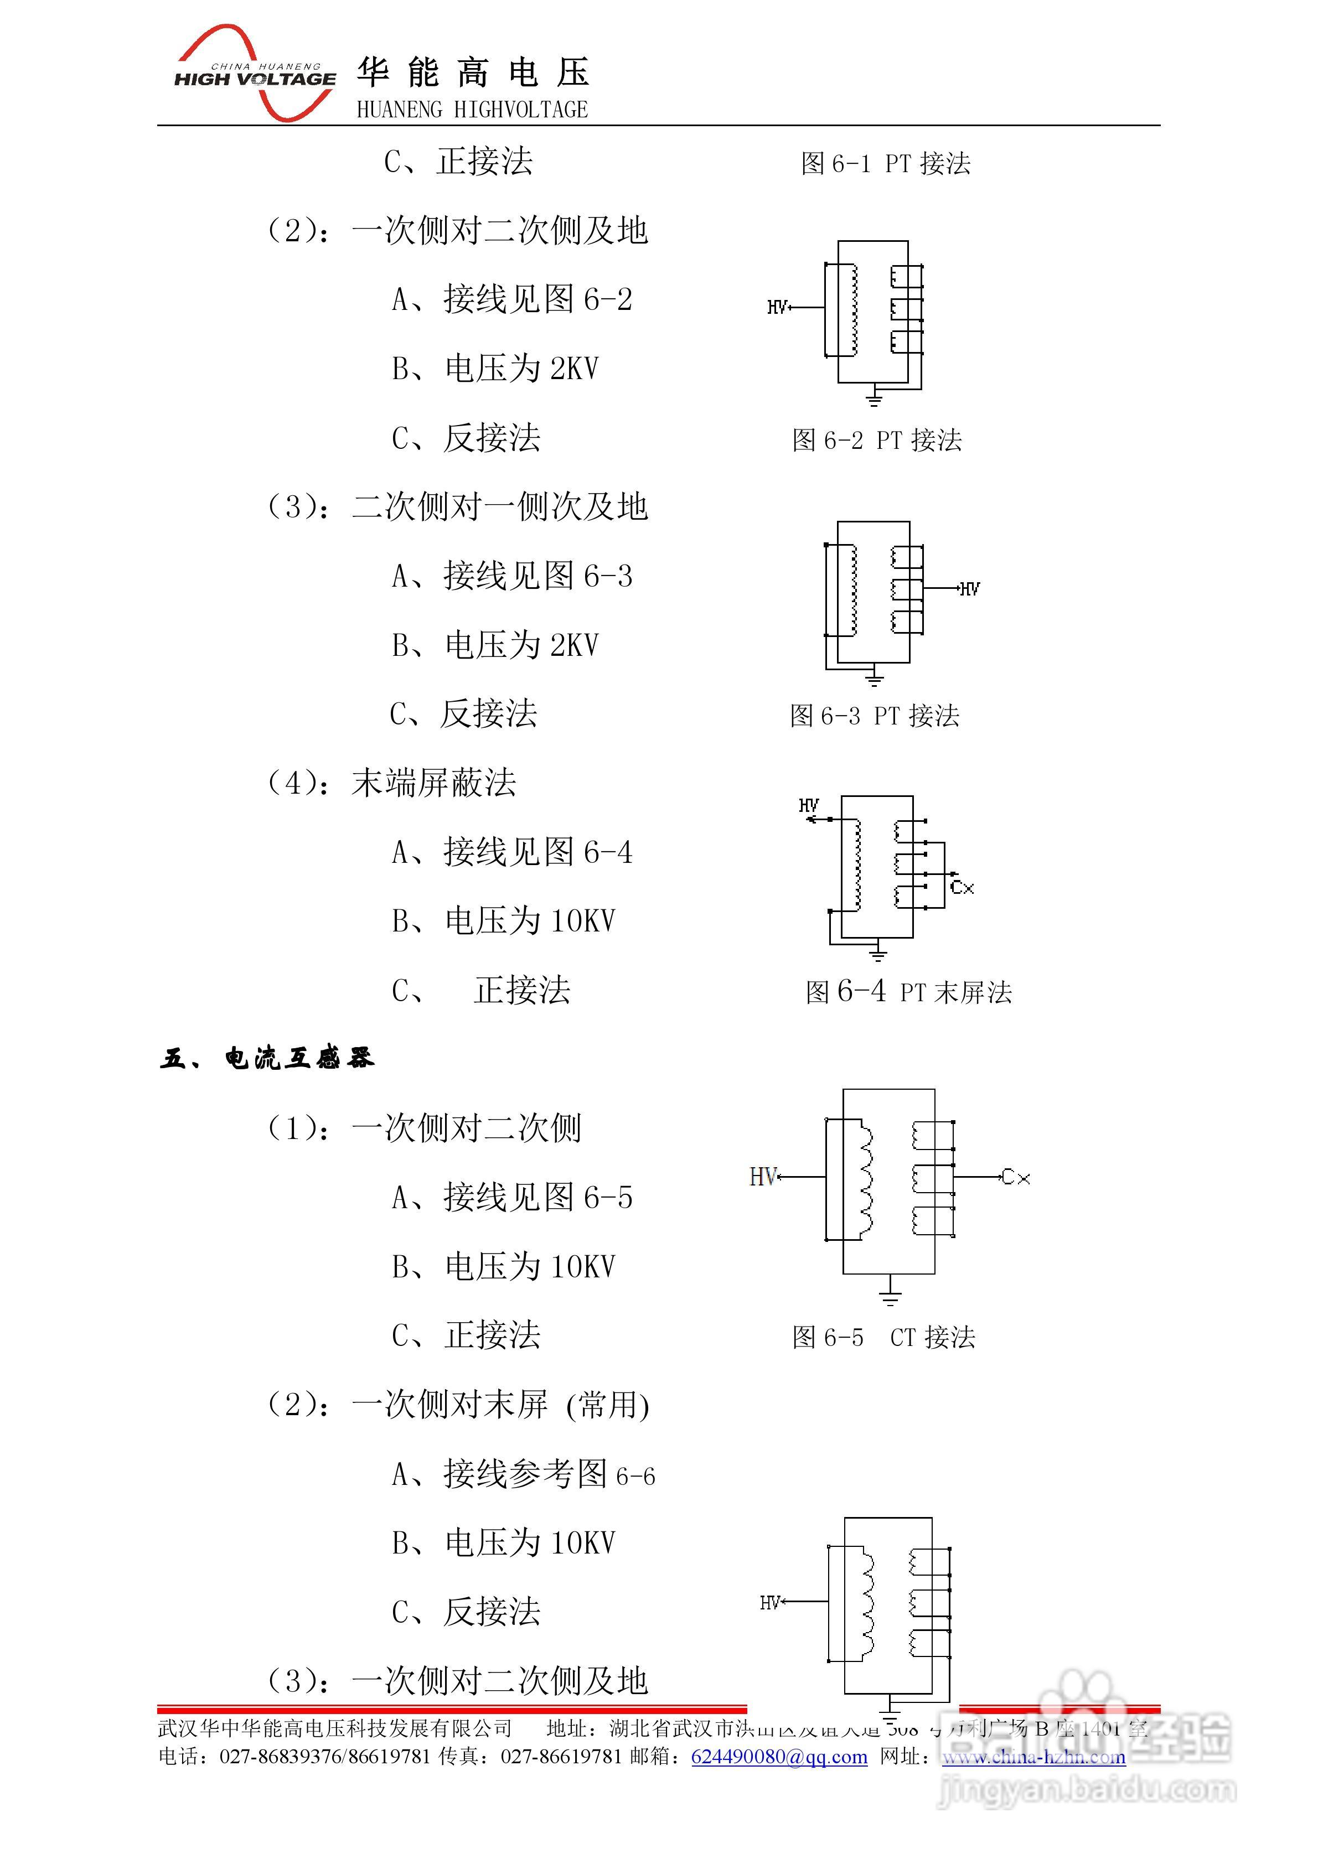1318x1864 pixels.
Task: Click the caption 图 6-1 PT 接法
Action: pyautogui.click(x=885, y=163)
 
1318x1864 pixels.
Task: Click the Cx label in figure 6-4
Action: pyautogui.click(x=962, y=887)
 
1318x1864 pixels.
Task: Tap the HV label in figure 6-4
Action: pyautogui.click(x=809, y=805)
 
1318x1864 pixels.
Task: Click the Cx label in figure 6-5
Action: pyautogui.click(x=1016, y=1177)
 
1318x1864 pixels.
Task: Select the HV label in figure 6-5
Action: pyautogui.click(x=763, y=1177)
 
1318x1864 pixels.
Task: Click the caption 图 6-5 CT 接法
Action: pyautogui.click(x=883, y=1337)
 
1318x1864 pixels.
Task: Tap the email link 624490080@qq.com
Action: pyautogui.click(x=779, y=1757)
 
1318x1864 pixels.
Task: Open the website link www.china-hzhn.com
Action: pyautogui.click(x=1033, y=1757)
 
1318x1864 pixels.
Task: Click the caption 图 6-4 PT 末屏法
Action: pyautogui.click(x=908, y=991)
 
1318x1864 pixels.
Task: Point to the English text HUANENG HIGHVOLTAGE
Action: pyautogui.click(x=472, y=110)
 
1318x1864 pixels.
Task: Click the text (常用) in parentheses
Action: pyautogui.click(x=607, y=1405)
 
